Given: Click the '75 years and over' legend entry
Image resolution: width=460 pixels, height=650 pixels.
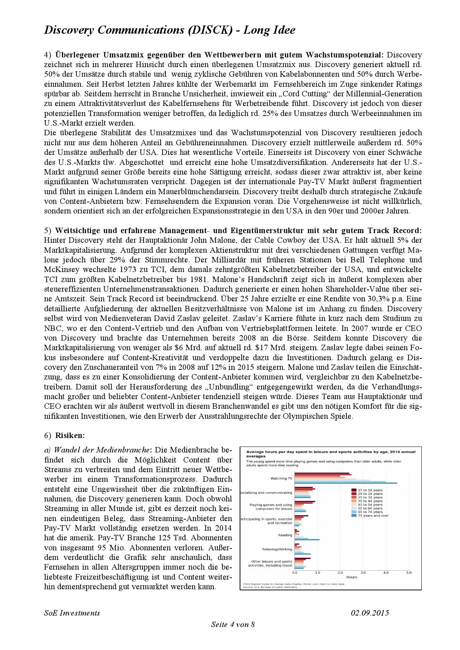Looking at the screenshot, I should point(373,515).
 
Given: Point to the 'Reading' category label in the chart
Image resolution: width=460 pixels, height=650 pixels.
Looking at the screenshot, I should point(285,535).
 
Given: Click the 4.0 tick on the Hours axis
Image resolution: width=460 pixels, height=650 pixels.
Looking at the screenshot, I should point(386,573).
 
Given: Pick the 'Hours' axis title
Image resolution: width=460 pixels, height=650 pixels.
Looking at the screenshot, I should point(352,577).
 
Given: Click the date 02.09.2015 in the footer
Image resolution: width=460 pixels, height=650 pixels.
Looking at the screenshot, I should point(370,613).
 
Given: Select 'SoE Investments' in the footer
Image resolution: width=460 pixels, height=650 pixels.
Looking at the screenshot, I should point(72,613).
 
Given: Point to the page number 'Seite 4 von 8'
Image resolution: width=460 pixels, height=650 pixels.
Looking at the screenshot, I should point(233,624).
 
